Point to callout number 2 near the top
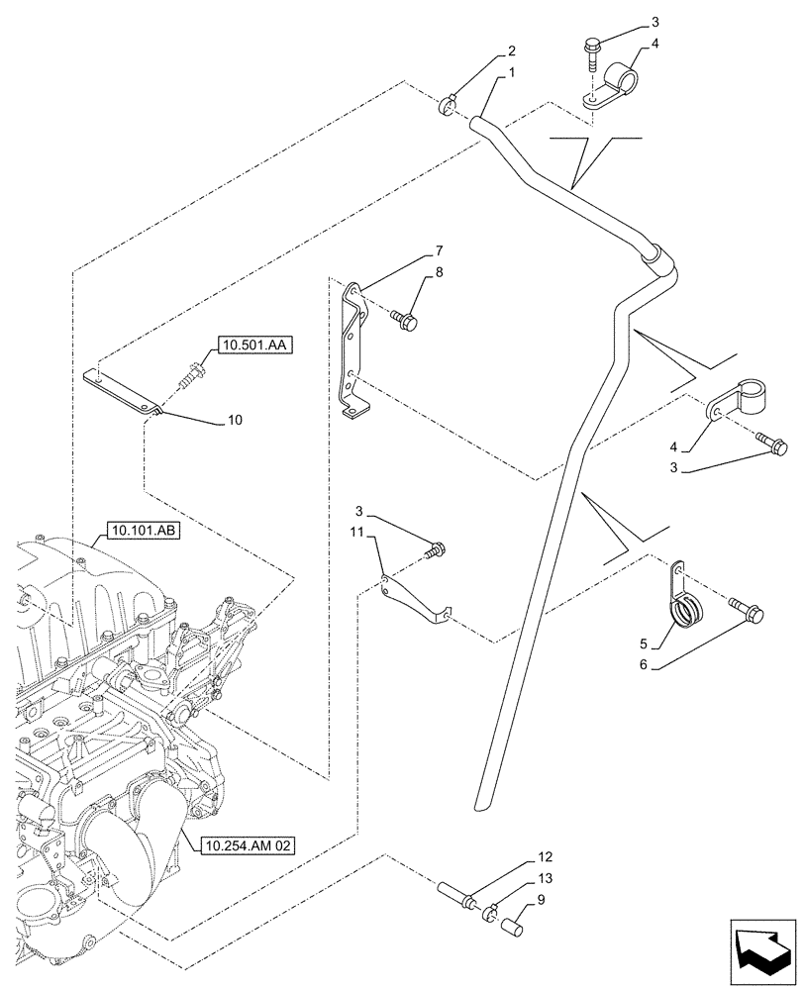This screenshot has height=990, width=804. [x=513, y=50]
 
